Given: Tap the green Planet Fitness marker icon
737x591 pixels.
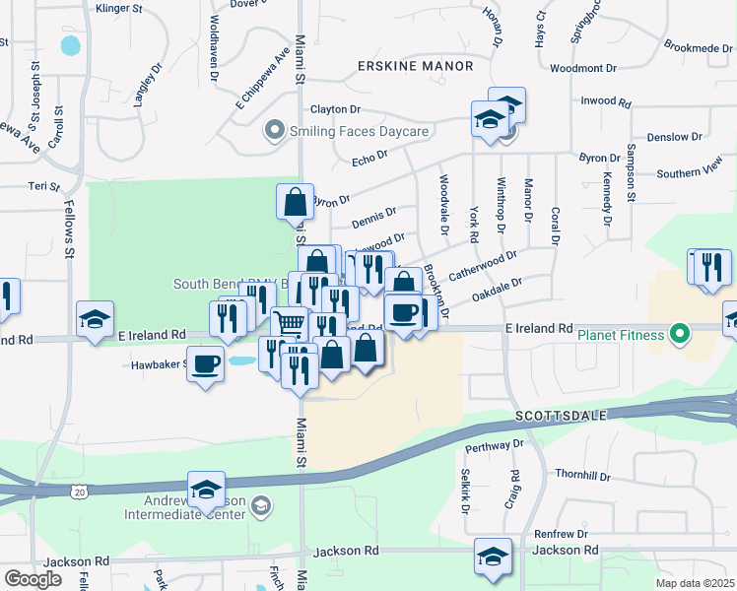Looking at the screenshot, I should pos(679,334).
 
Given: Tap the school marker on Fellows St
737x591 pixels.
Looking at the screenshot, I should pos(96,319).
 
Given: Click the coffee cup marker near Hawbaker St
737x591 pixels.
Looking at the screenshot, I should pos(206,365).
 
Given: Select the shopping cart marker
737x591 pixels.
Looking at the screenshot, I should pos(289,322).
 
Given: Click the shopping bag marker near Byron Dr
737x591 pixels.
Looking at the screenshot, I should pos(296,202).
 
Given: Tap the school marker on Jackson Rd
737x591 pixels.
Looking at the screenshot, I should pos(493,555).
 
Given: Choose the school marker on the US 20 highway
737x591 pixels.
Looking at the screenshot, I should pos(207,489).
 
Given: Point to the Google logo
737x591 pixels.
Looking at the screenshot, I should pos(33,578).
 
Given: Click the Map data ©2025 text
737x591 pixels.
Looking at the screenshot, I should pos(695,583).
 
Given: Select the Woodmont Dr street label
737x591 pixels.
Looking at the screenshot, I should pos(583,68).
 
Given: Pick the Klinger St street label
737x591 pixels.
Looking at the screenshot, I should pos(119,8).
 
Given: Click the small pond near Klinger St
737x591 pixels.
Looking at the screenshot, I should pos(70,45).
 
